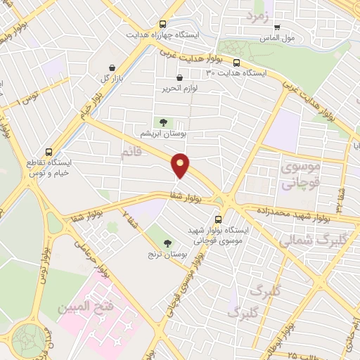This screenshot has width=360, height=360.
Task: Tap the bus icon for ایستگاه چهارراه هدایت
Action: (163, 23)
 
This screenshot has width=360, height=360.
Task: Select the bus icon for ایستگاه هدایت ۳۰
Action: (236, 62)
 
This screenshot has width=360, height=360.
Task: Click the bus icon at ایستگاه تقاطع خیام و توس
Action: (49, 152)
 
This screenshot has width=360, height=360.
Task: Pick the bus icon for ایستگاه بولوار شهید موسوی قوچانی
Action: (218, 219)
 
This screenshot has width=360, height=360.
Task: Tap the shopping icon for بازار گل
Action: (112, 67)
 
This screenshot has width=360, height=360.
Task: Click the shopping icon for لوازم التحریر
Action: (179, 77)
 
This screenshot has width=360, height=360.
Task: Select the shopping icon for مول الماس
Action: (276, 27)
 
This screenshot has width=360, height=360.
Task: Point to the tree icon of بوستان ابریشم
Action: (163, 122)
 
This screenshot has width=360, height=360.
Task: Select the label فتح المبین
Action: (83, 306)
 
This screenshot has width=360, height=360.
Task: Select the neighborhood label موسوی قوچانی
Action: (300, 175)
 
